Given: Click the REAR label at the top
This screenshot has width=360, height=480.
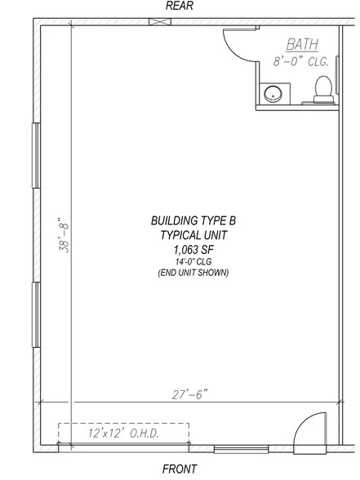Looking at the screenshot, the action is [x=180, y=6].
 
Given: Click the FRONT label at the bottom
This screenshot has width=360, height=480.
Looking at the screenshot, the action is [x=180, y=469].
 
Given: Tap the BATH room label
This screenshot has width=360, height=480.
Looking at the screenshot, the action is [x=302, y=44].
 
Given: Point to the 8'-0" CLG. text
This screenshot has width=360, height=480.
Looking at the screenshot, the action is [x=301, y=61].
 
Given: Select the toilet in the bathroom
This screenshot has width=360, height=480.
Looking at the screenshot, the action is [x=323, y=90].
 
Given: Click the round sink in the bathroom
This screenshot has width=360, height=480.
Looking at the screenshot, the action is [x=273, y=95].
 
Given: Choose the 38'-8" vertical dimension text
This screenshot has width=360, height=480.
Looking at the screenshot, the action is [x=64, y=235].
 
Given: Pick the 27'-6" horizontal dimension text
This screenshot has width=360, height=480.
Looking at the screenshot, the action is [x=189, y=394].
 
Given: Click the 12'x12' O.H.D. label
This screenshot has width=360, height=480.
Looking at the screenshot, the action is [x=124, y=433].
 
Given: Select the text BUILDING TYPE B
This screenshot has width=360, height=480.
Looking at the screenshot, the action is [x=193, y=220].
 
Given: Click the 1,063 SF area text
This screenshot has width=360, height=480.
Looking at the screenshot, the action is [x=193, y=250].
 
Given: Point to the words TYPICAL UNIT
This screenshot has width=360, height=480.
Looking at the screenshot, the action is [x=193, y=235].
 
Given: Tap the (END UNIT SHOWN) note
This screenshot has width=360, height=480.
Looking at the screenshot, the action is [x=193, y=273].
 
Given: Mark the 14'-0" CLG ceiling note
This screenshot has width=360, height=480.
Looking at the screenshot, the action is [x=193, y=262].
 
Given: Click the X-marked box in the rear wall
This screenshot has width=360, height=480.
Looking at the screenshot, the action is [x=160, y=22].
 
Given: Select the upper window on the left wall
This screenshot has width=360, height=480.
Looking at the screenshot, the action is [x=37, y=155].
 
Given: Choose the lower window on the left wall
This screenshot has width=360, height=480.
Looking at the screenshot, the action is [x=37, y=315].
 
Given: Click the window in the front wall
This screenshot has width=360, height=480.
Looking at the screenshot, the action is [x=242, y=449].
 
